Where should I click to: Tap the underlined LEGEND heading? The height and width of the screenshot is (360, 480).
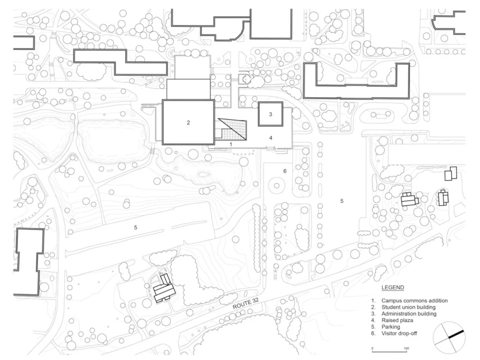(x=392, y=288)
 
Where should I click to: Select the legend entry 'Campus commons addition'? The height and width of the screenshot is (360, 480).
(x=414, y=301)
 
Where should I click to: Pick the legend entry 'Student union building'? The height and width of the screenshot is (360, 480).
(x=408, y=307)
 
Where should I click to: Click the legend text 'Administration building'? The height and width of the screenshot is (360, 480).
(x=408, y=314)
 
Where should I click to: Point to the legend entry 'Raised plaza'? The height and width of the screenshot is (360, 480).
(x=397, y=320)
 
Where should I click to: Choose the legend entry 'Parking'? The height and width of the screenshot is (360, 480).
(x=390, y=327)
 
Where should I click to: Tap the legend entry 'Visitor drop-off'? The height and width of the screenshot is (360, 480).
(x=399, y=333)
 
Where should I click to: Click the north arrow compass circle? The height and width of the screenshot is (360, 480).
(x=449, y=338)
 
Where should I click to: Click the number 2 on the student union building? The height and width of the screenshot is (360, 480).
(x=188, y=123)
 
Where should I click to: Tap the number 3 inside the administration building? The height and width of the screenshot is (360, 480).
(x=270, y=114)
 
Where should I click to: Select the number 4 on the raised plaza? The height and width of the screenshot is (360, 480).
(x=271, y=138)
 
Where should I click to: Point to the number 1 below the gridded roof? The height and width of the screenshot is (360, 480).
(x=231, y=144)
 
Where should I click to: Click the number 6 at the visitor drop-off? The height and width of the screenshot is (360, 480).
(x=285, y=171)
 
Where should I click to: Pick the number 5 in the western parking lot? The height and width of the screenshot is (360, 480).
(x=135, y=228)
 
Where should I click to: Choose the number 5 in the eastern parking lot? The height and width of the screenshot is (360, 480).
(x=342, y=201)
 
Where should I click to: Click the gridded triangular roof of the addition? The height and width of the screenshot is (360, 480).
(x=236, y=130)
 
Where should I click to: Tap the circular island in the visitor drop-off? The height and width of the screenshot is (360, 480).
(x=276, y=186)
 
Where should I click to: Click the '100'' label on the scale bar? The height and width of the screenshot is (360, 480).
(x=407, y=348)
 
